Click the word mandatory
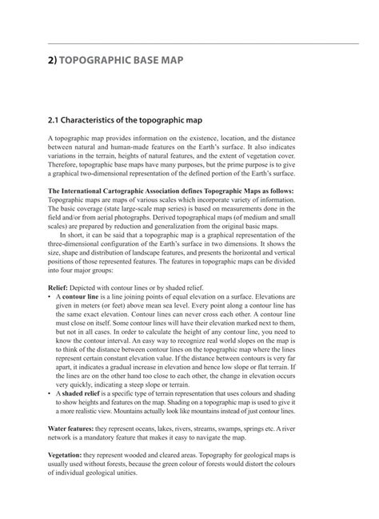click(x=104, y=440)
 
